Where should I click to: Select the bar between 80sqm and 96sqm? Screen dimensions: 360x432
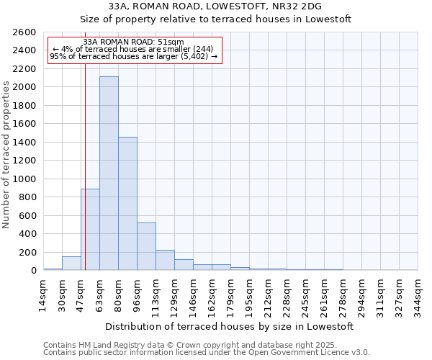127,204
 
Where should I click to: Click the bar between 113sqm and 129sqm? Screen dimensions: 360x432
165,260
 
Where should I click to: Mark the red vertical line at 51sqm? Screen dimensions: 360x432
85,166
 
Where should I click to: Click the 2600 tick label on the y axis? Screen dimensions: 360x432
24,32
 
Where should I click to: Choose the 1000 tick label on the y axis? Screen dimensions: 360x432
24,179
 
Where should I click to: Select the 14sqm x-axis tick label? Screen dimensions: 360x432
43,294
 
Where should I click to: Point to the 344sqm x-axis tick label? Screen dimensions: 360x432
418,294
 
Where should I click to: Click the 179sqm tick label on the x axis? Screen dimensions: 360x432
230,294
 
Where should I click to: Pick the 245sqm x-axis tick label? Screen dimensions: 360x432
305,294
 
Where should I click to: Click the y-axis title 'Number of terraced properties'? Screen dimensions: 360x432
6,154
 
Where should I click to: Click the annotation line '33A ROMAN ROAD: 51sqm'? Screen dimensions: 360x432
133,42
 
